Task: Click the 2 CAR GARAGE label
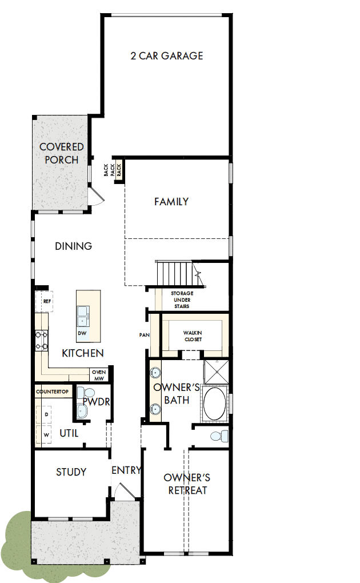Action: tap(166, 56)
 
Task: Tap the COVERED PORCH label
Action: tap(62, 154)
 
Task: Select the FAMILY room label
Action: tap(171, 202)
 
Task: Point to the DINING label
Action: tap(74, 246)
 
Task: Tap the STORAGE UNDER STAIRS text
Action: tap(182, 300)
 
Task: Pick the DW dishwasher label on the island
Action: tap(82, 333)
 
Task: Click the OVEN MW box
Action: tap(98, 375)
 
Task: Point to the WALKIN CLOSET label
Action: tap(192, 336)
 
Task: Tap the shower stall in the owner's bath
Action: tap(216, 373)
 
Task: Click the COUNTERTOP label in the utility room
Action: tap(53, 392)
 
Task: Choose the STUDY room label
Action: tap(71, 472)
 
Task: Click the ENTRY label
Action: tap(126, 470)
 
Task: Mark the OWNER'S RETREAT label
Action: tap(187, 484)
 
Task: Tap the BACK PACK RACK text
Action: tap(113, 170)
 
